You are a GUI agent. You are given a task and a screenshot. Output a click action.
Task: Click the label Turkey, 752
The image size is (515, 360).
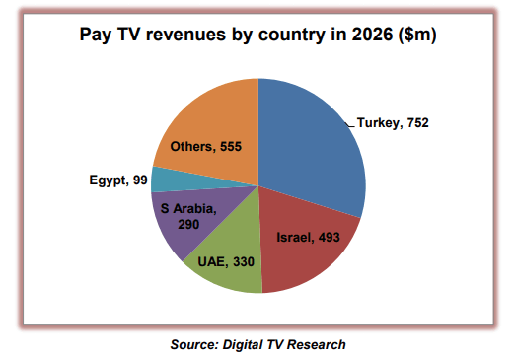pyautogui.click(x=396, y=123)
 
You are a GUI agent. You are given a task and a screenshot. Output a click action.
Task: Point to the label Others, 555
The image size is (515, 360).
pyautogui.click(x=208, y=147)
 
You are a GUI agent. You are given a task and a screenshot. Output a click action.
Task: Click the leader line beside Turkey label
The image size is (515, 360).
pyautogui.click(x=352, y=123)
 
